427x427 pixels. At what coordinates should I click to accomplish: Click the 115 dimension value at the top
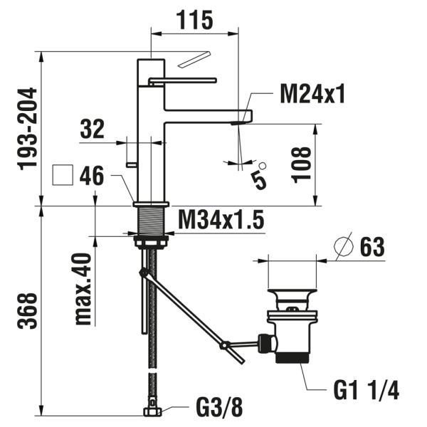tap(194, 21)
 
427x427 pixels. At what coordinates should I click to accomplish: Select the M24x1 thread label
tap(312, 94)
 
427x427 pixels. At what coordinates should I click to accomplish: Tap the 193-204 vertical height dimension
tap(27, 128)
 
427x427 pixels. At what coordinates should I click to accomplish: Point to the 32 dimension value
tap(93, 130)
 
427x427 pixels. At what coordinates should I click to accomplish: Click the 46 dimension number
tap(93, 176)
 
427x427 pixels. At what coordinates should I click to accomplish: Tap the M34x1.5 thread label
tap(221, 221)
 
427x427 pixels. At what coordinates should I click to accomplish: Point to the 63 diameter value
tap(370, 247)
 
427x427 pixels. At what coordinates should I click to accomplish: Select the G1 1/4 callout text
tap(366, 391)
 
